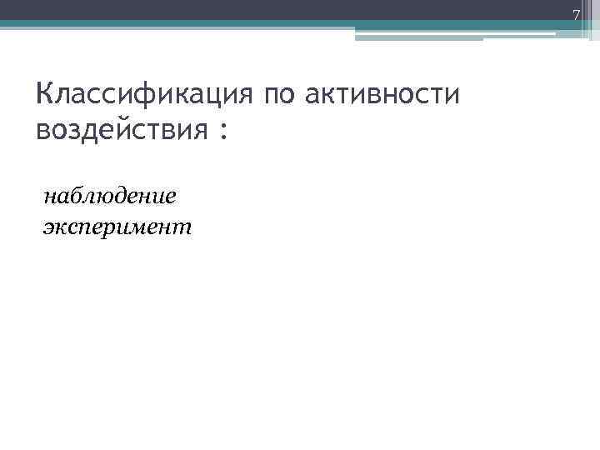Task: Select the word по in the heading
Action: [x=278, y=94]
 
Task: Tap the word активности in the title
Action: [x=382, y=94]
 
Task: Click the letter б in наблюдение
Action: [x=77, y=196]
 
